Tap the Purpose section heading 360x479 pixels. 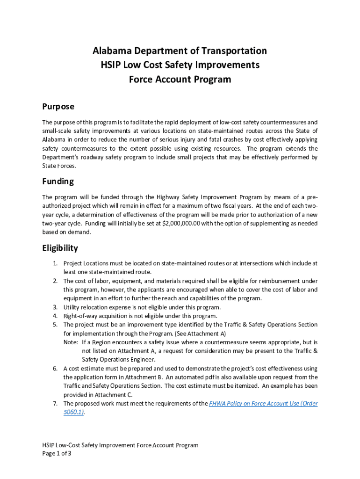coord(58,107)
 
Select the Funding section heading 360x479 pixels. coord(58,181)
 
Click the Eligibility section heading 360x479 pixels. coord(60,248)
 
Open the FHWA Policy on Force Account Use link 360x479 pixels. coord(264,404)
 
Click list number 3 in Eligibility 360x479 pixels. coord(55,307)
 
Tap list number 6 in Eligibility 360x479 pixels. coord(55,369)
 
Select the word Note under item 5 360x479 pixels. coord(71,342)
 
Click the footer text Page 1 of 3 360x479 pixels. coord(57,454)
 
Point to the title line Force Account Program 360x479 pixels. coord(180,80)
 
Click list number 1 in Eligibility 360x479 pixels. coord(55,263)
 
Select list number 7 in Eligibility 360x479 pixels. coord(55,404)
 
